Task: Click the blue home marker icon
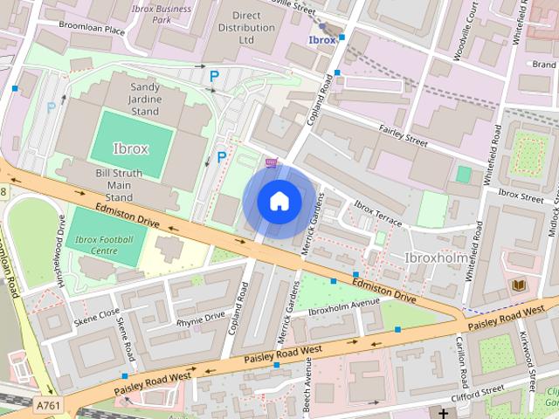click(x=279, y=201)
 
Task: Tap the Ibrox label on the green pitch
click(x=130, y=148)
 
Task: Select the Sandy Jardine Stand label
click(x=156, y=99)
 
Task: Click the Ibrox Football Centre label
click(x=104, y=245)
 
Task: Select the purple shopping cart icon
click(x=272, y=162)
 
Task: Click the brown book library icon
click(x=518, y=285)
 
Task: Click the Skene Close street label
click(x=96, y=313)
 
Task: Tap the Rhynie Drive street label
click(x=200, y=319)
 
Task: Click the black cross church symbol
click(x=444, y=413)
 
